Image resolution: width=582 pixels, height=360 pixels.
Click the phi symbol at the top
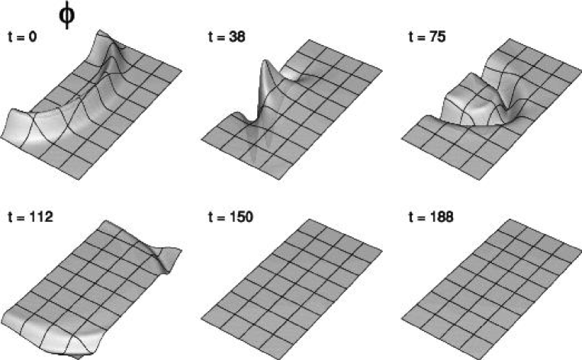pyautogui.click(x=67, y=15)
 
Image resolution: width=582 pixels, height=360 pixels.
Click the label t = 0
pyautogui.click(x=22, y=37)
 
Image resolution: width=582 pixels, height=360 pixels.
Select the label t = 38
pyautogui.click(x=227, y=37)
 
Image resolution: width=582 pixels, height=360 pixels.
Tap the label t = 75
pyautogui.click(x=427, y=37)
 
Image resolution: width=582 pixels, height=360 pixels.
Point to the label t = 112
pyautogui.click(x=31, y=217)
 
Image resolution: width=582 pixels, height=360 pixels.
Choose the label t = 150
pyautogui.click(x=230, y=217)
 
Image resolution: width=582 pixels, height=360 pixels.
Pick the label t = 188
pyautogui.click(x=431, y=217)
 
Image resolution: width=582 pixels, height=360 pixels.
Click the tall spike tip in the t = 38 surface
pyautogui.click(x=265, y=61)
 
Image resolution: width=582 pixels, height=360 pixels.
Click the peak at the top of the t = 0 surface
pyautogui.click(x=99, y=32)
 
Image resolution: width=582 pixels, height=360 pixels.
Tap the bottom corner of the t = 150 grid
pyautogui.click(x=278, y=359)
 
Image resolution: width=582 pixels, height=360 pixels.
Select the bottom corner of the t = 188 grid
pyautogui.click(x=479, y=359)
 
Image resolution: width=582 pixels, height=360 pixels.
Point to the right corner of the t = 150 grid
pyautogui.click(x=382, y=249)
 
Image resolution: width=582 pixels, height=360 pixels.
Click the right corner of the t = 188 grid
pyautogui.click(x=581, y=249)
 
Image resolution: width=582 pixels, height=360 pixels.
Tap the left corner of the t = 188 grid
pyautogui.click(x=401, y=319)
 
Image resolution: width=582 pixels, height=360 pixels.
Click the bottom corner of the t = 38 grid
pyautogui.click(x=278, y=180)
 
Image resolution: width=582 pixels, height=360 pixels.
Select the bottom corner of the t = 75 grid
pyautogui.click(x=479, y=180)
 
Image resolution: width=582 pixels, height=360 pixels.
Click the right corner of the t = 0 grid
pyautogui.click(x=182, y=69)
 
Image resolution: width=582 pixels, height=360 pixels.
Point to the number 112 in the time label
pyautogui.click(x=41, y=217)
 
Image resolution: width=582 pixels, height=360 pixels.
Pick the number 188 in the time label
pyautogui.click(x=442, y=217)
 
